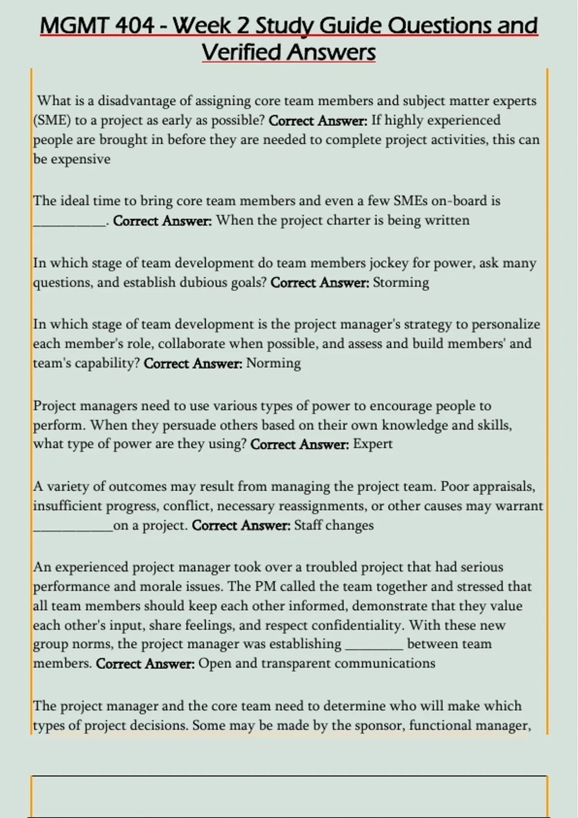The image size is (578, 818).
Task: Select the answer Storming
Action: coord(401,282)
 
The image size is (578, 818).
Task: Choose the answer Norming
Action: coord(273,363)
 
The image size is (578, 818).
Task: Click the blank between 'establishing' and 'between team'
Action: coord(374,647)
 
